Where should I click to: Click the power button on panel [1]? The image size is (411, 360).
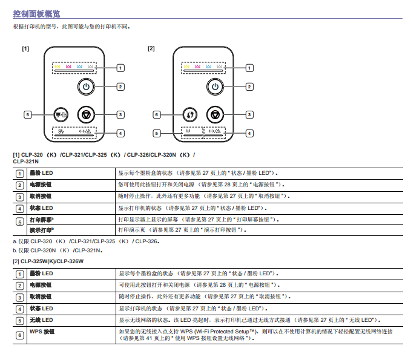[87, 87]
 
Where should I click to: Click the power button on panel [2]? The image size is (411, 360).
[215, 87]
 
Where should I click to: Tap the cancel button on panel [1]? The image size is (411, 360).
[87, 114]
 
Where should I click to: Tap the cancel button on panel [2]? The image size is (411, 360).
[215, 114]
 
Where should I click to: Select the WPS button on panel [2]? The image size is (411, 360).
[189, 114]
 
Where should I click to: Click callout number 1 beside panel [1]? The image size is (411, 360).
[120, 68]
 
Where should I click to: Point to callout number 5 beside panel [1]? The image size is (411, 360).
[27, 114]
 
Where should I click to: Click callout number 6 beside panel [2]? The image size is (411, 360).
[156, 114]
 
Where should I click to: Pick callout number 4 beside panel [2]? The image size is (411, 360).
[249, 133]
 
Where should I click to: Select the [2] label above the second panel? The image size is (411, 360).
[151, 48]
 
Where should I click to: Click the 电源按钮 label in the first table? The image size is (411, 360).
[41, 184]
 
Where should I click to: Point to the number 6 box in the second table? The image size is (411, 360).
[20, 335]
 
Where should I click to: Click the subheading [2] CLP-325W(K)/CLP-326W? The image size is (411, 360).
[48, 261]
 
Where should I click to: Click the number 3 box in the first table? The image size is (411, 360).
[20, 197]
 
